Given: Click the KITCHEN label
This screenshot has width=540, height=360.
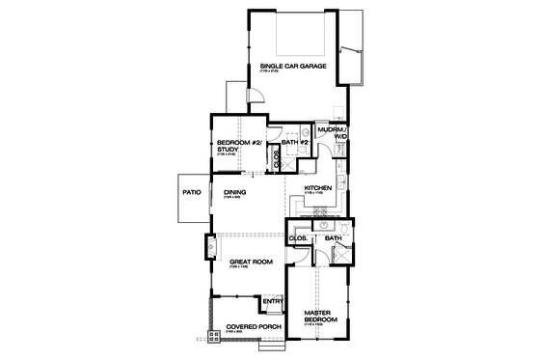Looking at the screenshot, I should [318, 187].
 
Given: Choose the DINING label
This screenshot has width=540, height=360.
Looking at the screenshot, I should [235, 193].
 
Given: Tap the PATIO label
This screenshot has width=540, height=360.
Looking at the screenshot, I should [191, 193].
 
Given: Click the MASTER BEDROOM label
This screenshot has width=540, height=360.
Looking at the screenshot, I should [319, 316].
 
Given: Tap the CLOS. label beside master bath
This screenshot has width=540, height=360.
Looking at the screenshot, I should [298, 237].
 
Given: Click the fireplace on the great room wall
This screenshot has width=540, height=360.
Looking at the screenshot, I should [209, 247].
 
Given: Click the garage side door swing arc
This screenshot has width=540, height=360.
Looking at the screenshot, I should [256, 95].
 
